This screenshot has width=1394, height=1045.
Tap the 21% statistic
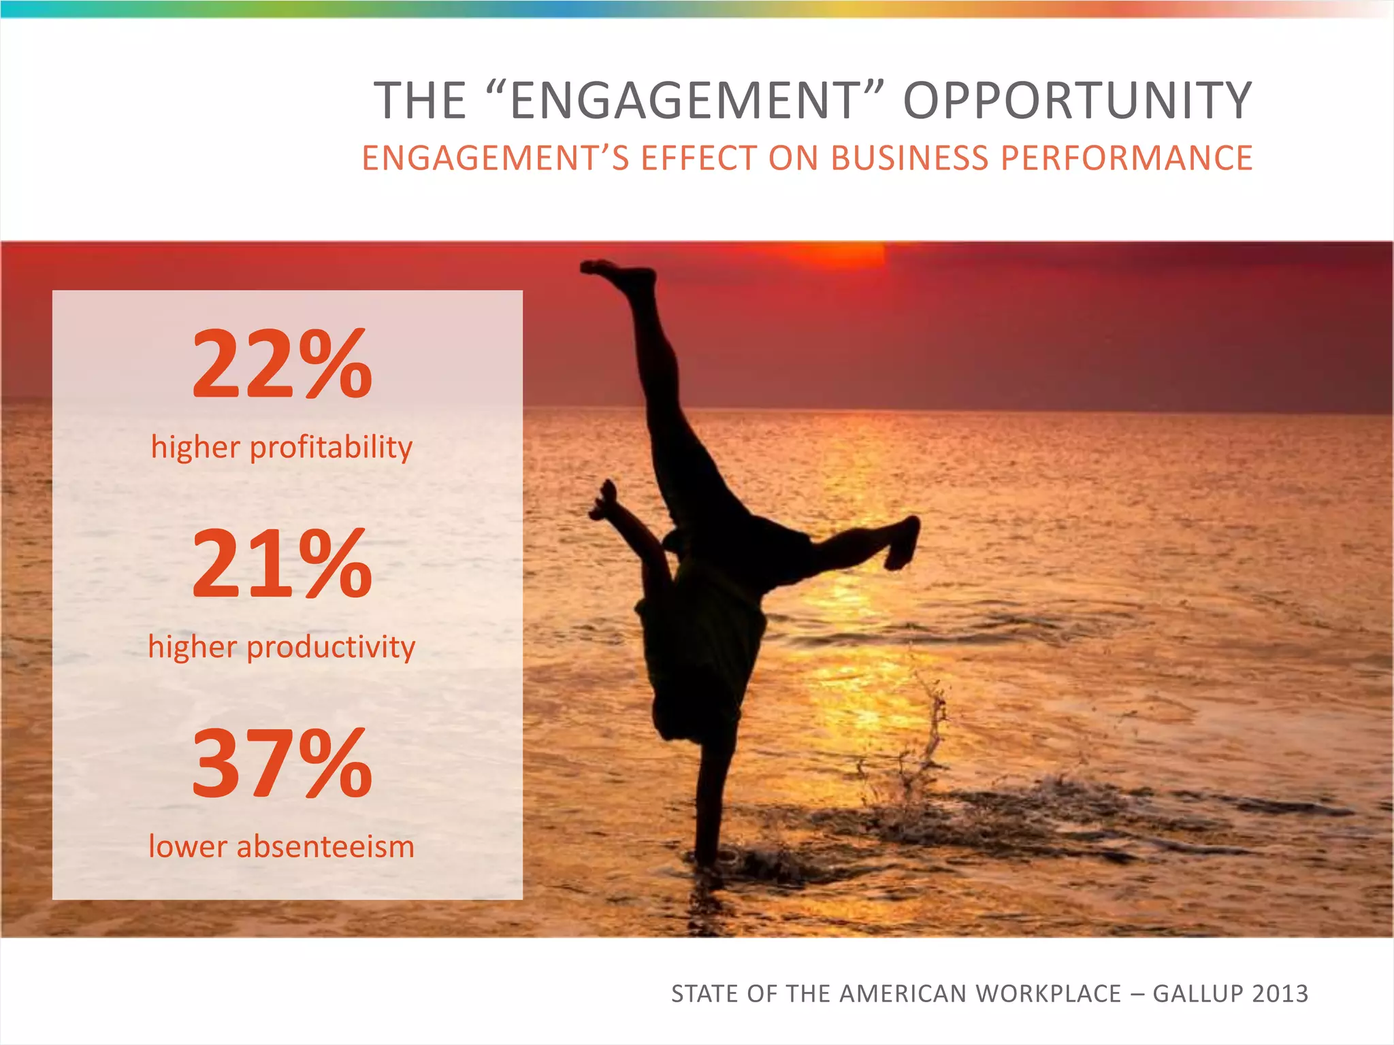click(282, 564)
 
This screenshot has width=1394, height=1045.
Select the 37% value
click(282, 763)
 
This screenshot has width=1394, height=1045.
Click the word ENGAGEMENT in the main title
click(686, 101)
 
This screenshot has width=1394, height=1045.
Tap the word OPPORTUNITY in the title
click(1077, 101)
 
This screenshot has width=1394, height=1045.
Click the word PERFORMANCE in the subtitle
click(1126, 159)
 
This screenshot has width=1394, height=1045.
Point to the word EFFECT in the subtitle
click(698, 159)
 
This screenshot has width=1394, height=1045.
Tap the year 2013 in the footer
click(1280, 994)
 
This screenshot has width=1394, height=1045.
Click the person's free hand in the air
click(604, 500)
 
